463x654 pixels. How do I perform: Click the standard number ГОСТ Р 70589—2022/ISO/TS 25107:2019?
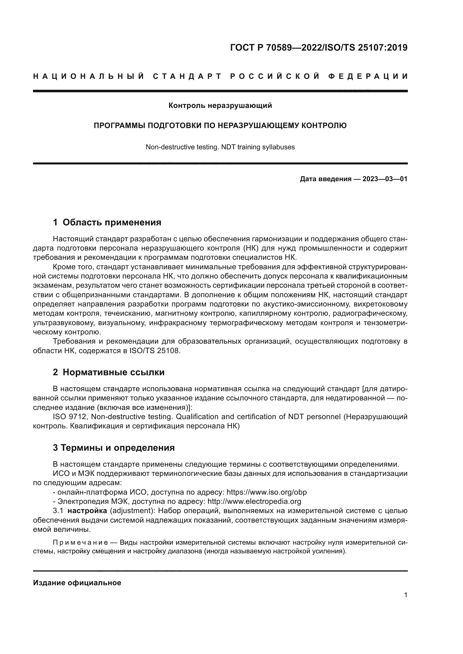pyautogui.click(x=319, y=48)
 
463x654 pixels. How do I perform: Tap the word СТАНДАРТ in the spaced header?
pyautogui.click(x=187, y=76)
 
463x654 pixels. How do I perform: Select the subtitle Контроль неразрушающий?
pyautogui.click(x=220, y=106)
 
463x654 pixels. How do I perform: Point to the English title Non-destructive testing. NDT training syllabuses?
pyautogui.click(x=220, y=147)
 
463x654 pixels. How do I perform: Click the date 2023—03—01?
pyautogui.click(x=385, y=179)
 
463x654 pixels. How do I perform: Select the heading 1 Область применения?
pyautogui.click(x=107, y=223)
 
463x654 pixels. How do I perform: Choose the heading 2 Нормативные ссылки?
pyautogui.click(x=109, y=372)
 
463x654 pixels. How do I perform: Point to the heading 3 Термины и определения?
pyautogui.click(x=113, y=448)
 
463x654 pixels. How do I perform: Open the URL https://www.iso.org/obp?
pyautogui.click(x=266, y=492)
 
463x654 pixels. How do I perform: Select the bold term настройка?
pyautogui.click(x=87, y=511)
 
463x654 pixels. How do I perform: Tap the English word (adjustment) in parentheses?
pyautogui.click(x=132, y=511)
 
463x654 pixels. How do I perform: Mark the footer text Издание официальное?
pyautogui.click(x=77, y=583)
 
